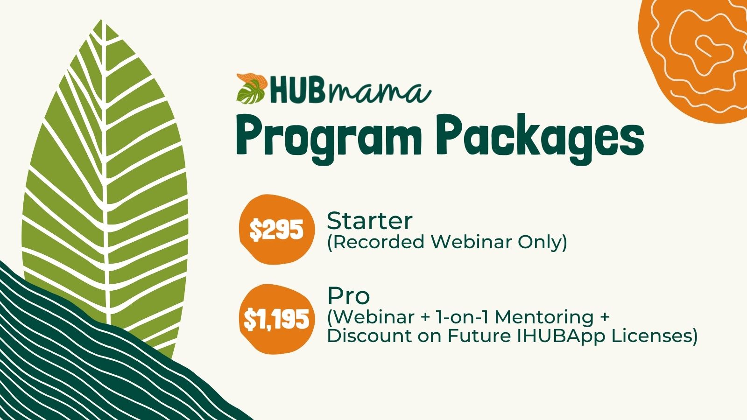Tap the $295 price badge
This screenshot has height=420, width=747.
coord(277,229)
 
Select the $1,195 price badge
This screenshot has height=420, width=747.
coord(277,319)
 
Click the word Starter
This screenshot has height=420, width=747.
coord(369,221)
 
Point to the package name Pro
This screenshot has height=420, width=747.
coord(348,296)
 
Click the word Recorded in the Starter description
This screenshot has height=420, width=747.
coord(378,242)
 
